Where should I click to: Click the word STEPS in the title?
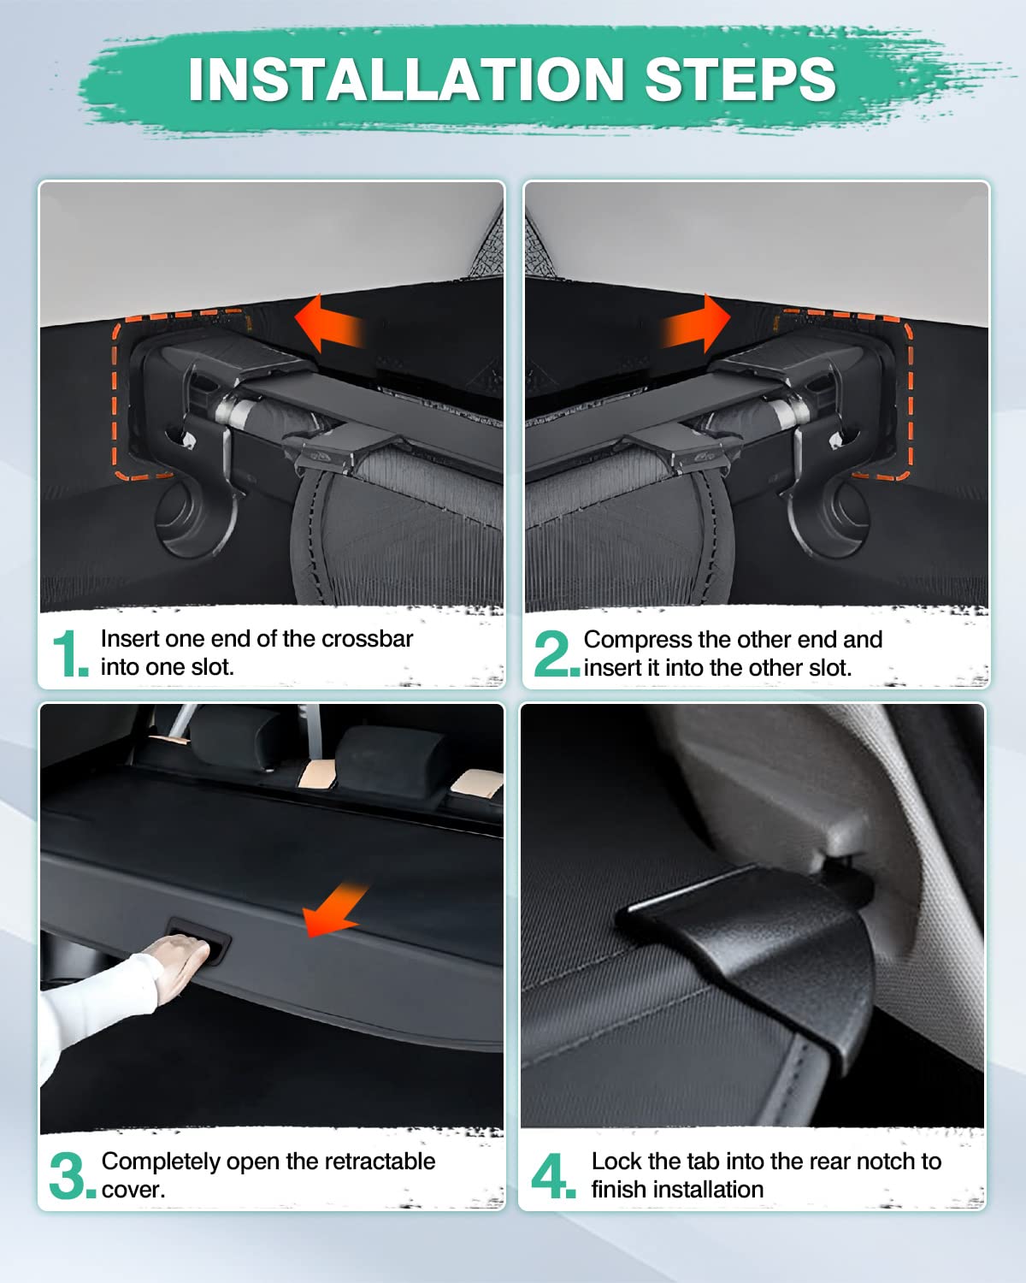point(740,80)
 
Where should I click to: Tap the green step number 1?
point(68,654)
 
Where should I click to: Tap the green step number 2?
point(554,654)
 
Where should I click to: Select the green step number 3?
point(68,1176)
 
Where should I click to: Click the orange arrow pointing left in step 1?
point(329,324)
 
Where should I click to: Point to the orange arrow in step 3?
point(335,911)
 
